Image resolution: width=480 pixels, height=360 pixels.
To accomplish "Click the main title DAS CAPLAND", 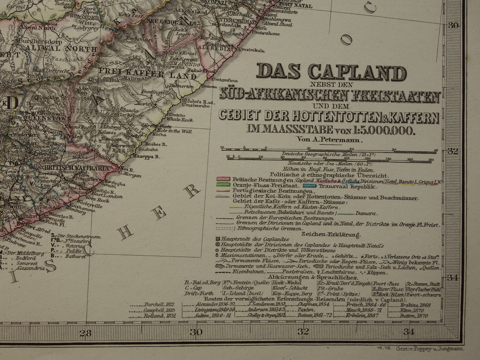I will click(x=331, y=72).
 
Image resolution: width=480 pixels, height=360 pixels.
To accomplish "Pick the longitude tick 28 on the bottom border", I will click(x=85, y=333).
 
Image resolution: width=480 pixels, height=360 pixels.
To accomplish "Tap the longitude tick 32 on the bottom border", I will click(x=303, y=332).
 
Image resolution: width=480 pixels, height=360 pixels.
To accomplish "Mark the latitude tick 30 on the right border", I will click(x=453, y=25).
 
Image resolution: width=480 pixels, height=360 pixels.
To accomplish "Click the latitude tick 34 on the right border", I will click(x=453, y=277).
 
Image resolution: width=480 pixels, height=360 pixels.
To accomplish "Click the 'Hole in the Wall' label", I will click(x=173, y=131).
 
